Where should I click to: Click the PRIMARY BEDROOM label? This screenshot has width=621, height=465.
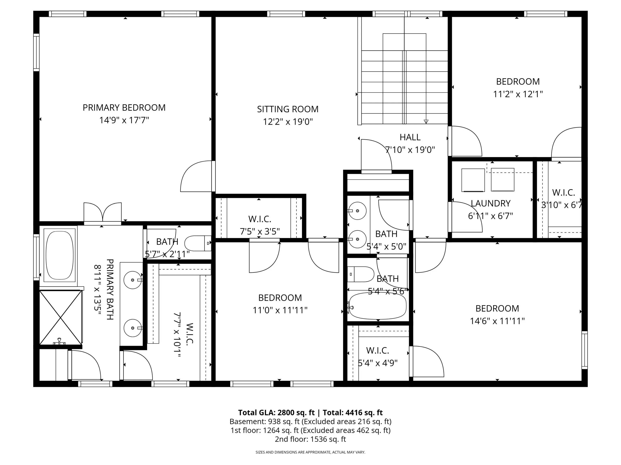coord(124,108)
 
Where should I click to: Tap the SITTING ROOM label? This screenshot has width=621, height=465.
coord(288,109)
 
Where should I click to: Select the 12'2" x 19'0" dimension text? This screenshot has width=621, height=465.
coord(288,122)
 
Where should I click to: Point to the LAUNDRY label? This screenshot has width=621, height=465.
coord(490,203)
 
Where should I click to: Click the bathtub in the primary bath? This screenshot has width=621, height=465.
coord(60,255)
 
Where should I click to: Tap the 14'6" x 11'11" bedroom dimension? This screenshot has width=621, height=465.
coord(497,321)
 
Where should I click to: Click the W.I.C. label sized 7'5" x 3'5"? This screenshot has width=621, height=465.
coord(260,219)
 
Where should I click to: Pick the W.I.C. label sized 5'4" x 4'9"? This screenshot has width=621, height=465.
coord(378,350)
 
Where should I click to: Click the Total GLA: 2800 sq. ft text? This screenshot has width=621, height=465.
coord(277,413)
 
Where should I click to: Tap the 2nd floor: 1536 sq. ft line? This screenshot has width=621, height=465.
coord(310,439)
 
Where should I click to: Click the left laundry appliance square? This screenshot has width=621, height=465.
coord(473,180)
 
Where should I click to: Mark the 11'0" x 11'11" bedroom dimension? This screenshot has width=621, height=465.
coord(280,310)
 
